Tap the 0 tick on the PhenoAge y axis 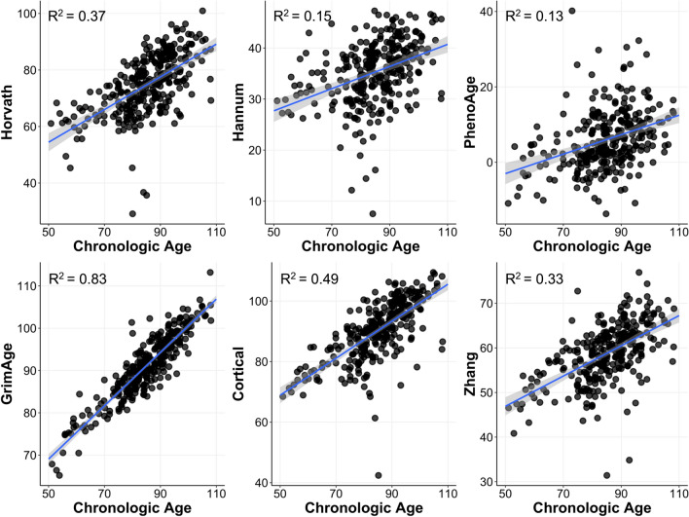click(x=491, y=162)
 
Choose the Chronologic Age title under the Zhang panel click(x=594, y=507)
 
